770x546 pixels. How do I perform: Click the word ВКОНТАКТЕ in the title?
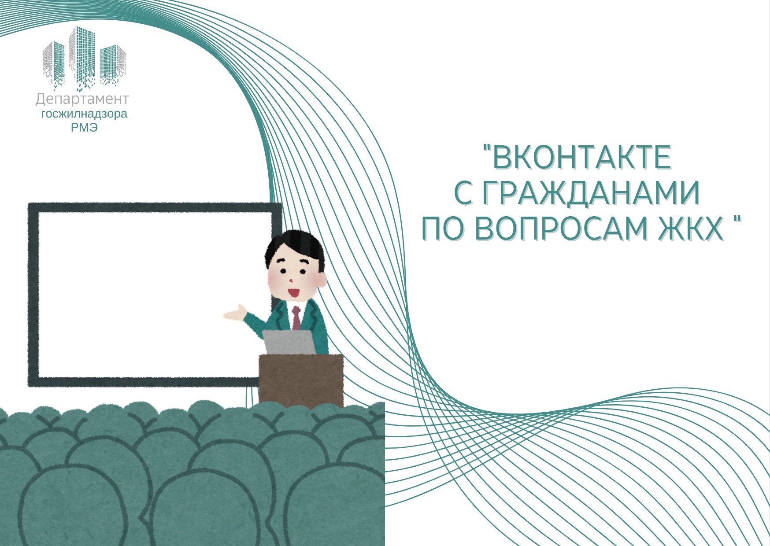[x=581, y=157]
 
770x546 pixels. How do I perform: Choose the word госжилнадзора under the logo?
[x=84, y=114]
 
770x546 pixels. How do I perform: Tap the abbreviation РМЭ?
[x=84, y=128]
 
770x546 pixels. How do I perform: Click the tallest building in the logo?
[x=82, y=55]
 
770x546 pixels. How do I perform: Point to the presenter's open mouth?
[x=293, y=292]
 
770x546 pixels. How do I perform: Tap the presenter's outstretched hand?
[x=235, y=312]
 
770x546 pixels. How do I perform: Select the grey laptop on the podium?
[x=289, y=342]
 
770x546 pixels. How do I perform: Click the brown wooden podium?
[x=301, y=380]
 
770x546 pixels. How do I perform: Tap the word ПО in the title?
[x=444, y=229]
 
